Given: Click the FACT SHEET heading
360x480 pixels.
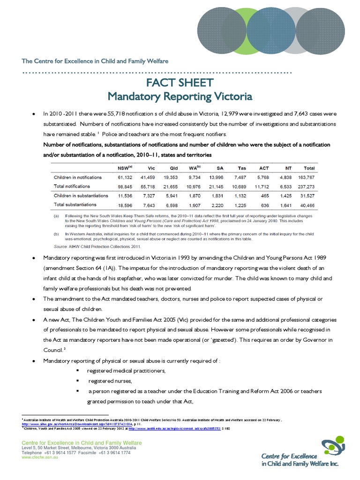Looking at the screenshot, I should pos(180,83).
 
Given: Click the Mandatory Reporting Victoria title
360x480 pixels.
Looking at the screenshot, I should pos(180,97).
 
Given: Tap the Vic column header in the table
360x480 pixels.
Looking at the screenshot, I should pos(150,168).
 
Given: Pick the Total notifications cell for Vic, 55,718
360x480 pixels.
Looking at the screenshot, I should pos(148,187).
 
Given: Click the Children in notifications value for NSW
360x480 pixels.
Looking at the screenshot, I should pos(125,177).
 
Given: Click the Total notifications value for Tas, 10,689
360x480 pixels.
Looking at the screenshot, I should pos(240,187).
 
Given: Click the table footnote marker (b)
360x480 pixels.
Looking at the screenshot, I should pos(56,233).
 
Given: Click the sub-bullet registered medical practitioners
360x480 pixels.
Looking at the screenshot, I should pos(127,371).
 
